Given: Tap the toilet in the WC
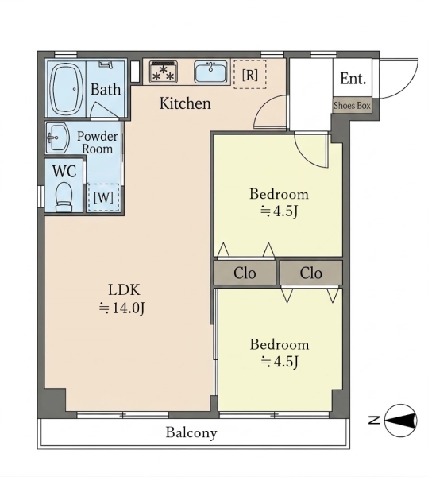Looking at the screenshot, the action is click(64, 196).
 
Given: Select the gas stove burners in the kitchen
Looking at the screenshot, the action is click(164, 72).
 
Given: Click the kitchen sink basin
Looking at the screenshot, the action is click(210, 72).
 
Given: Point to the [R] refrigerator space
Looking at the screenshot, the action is click(249, 75).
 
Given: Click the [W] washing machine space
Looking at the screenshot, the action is click(103, 198).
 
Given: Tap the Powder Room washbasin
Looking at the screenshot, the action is click(58, 138).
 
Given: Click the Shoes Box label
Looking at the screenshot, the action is click(352, 106).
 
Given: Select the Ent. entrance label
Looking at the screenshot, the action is click(353, 79).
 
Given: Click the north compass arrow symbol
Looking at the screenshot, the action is click(400, 421).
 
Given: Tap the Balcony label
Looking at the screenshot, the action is click(191, 432).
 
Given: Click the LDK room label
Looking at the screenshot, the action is click(124, 289).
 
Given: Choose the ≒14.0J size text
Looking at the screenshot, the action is click(122, 308).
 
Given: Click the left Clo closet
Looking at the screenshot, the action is click(245, 273).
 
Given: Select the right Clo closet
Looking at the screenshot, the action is click(311, 273).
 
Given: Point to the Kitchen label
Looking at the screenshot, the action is click(185, 103).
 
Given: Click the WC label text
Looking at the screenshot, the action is click(64, 171).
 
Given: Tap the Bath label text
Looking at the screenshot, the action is click(106, 89).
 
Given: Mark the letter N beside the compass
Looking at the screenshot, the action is click(374, 420).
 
